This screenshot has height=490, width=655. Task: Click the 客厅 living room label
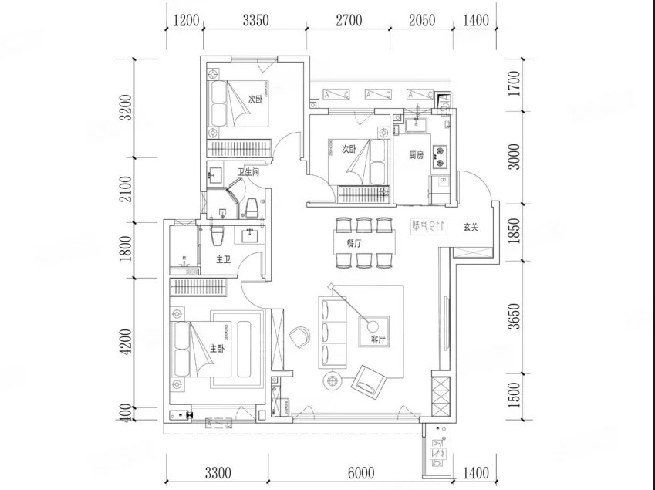(378, 340)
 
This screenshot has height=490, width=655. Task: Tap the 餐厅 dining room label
(355, 242)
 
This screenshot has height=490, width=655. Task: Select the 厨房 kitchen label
(417, 154)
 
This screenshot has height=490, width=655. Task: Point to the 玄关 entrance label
(472, 228)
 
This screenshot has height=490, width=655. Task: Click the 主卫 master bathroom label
(223, 260)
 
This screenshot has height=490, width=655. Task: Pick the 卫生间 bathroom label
(248, 173)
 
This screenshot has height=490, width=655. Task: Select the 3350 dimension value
(255, 21)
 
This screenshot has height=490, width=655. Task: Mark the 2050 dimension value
(421, 21)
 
